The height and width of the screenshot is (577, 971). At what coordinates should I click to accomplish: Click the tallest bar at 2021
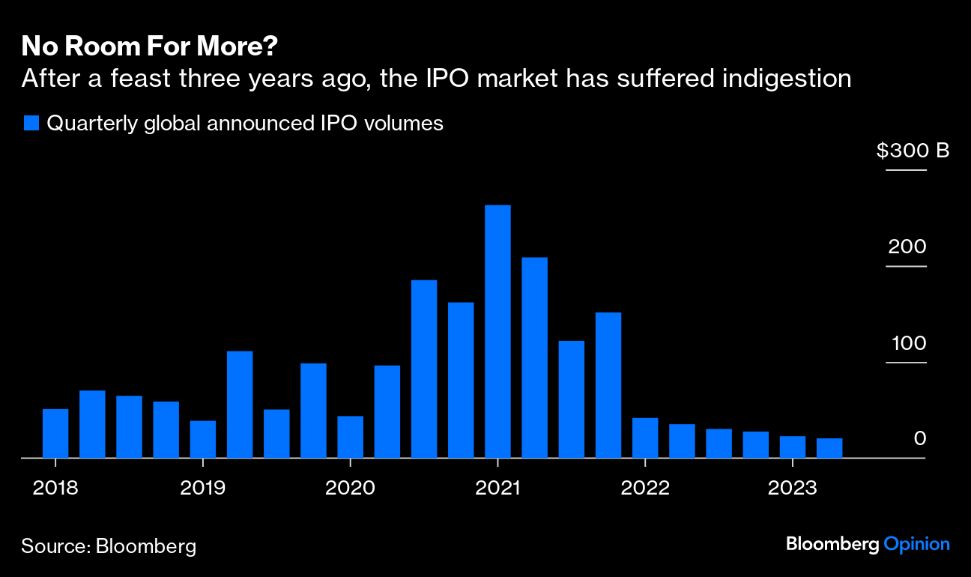pos(497,330)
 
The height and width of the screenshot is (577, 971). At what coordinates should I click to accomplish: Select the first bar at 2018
pos(55,433)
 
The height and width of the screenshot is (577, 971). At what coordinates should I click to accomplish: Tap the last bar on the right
pos(829,448)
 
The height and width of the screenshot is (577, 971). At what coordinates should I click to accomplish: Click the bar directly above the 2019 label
pos(203,439)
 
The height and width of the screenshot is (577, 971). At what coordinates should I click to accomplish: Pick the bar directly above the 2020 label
pos(350,437)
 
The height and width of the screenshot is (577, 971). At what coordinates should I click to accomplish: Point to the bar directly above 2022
pos(645,438)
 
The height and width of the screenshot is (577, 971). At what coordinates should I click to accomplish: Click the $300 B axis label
pos(913,151)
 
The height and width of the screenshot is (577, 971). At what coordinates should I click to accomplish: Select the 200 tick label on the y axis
pos(907,247)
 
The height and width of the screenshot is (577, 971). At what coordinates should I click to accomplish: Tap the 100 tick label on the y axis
pos(908,343)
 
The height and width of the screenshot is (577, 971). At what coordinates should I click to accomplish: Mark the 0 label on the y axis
pos(920,438)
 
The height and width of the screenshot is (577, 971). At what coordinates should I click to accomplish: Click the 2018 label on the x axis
pos(55,487)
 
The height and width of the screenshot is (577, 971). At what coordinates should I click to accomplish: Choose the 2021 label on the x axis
pos(497,487)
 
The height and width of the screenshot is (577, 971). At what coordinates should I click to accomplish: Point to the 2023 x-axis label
pos(792,487)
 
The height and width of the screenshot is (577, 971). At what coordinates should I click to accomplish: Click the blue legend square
pos(31,124)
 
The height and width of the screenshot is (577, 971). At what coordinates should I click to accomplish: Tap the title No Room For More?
pos(150,47)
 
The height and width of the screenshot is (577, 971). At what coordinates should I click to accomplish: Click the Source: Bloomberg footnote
pos(109,546)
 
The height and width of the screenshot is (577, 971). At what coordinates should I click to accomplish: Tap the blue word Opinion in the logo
pos(916,545)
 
